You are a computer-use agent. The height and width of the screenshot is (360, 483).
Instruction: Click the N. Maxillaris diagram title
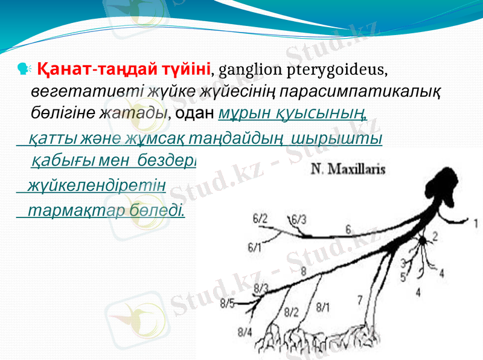point(348,170)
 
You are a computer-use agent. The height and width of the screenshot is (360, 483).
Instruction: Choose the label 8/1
point(324,307)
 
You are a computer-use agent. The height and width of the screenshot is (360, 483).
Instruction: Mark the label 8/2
point(291,312)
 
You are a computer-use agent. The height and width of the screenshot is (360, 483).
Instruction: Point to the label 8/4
point(245,331)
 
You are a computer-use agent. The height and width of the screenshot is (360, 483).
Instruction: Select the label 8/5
point(228,303)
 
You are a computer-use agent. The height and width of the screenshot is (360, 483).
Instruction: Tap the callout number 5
point(403,277)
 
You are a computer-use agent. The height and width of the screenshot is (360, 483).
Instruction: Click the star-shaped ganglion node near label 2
point(424,240)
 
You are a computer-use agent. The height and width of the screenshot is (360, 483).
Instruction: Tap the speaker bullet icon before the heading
point(25,69)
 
